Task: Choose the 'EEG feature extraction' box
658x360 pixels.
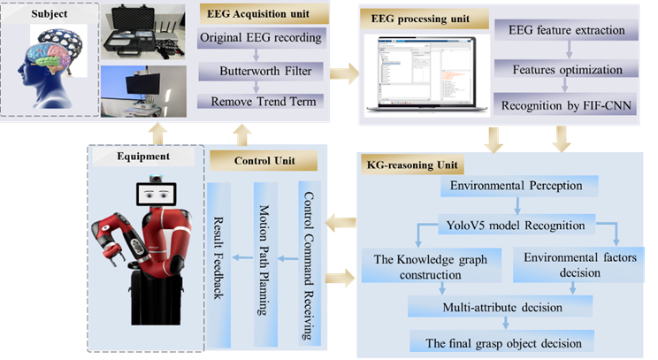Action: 567,30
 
